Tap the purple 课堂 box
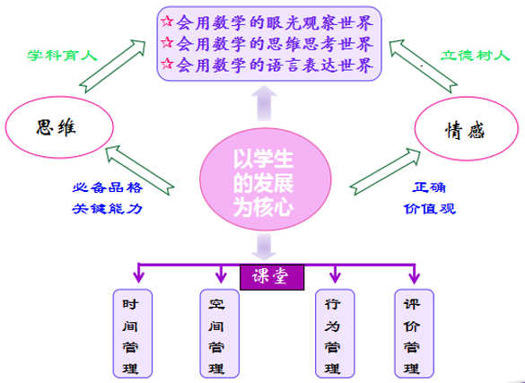272,277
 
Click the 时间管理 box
133,334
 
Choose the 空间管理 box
220,334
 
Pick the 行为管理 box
335,334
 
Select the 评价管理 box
415,334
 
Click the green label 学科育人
62,56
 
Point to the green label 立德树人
475,56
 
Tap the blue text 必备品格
108,187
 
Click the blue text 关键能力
108,209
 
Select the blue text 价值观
430,209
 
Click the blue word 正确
429,187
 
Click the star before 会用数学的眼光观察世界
167,22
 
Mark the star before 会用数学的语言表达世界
167,64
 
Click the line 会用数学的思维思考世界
275,43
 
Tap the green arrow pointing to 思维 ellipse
140,170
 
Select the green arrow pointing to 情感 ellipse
384,172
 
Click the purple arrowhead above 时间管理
138,277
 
